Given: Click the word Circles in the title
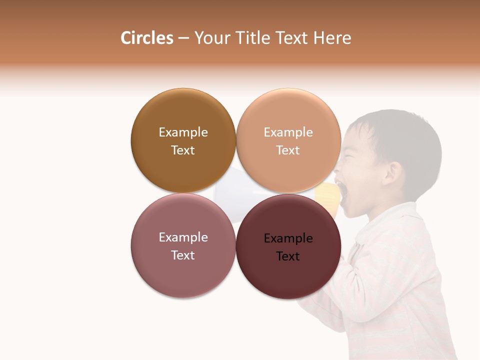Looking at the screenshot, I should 146,38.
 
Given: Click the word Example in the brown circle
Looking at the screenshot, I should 183,132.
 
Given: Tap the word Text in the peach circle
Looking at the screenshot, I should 288,150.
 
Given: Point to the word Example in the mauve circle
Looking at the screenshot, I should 183,237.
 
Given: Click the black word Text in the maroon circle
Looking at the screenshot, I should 288,256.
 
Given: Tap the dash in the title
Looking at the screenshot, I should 183,38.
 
